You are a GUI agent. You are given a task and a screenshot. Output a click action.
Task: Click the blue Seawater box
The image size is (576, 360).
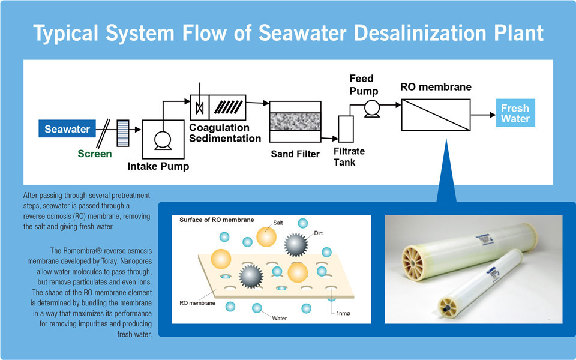67,129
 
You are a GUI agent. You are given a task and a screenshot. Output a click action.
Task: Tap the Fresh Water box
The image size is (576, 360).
515,113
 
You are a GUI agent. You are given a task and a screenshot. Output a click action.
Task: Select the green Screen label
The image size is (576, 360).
95,154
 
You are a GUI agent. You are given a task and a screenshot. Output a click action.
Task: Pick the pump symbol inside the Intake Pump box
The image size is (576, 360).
163,139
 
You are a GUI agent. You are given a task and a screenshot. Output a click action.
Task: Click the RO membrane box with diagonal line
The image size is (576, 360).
436,114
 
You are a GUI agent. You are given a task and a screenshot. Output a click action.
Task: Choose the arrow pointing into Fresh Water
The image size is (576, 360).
483,114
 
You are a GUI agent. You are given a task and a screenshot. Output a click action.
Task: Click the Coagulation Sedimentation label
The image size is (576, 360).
225,133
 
